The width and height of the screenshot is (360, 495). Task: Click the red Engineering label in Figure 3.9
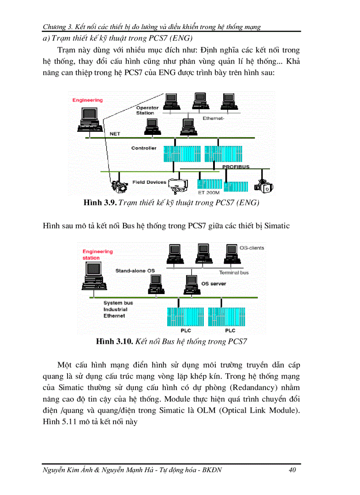[x=87, y=100]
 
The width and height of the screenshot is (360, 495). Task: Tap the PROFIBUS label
[x=236, y=167]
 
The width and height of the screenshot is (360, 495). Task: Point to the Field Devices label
[x=149, y=182]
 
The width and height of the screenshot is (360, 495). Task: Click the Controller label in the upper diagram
[x=144, y=148]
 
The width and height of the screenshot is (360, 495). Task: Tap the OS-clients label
[x=251, y=248]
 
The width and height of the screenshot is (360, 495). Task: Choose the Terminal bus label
[x=234, y=272]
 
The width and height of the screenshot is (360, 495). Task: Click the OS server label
[x=214, y=283]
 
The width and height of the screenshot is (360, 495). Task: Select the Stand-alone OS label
[x=135, y=270]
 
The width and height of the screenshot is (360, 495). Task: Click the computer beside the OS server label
[x=191, y=285]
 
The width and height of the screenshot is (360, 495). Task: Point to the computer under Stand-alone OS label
[x=156, y=285]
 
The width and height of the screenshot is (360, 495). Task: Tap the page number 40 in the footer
[x=292, y=470]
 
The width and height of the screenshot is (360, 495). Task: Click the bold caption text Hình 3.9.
[x=100, y=203]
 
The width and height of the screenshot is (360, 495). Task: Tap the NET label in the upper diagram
[x=115, y=134]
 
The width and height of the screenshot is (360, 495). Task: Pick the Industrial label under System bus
[x=116, y=309]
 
